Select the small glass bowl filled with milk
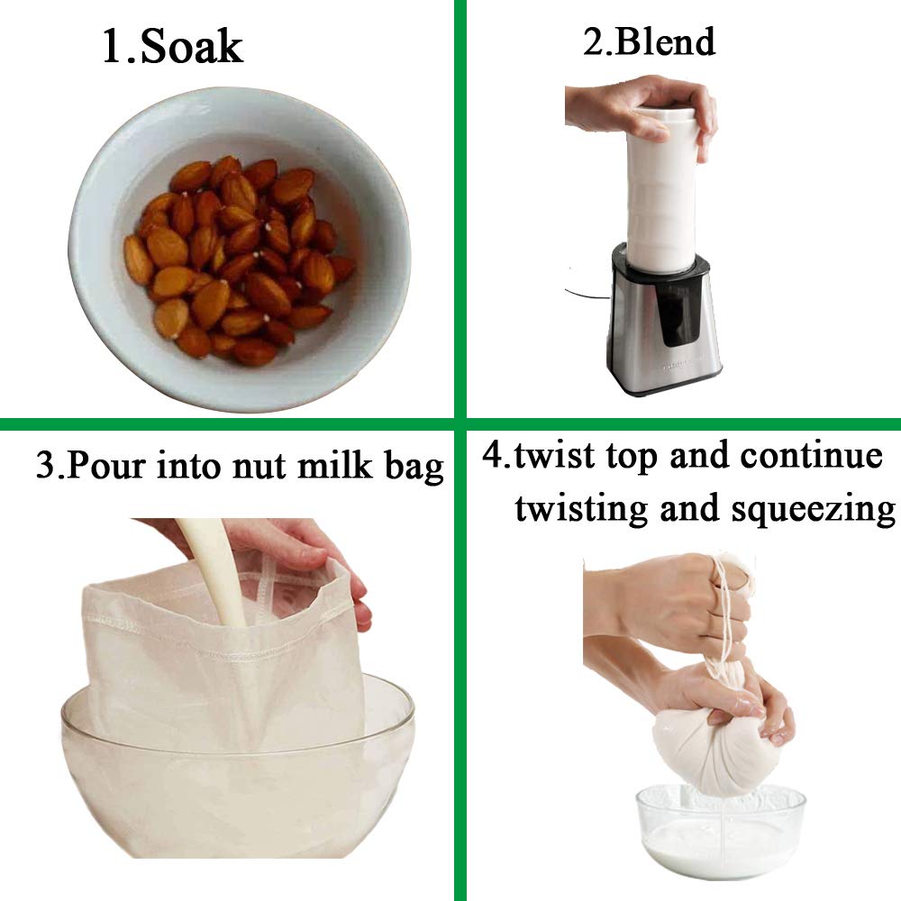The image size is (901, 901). coord(721,833)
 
